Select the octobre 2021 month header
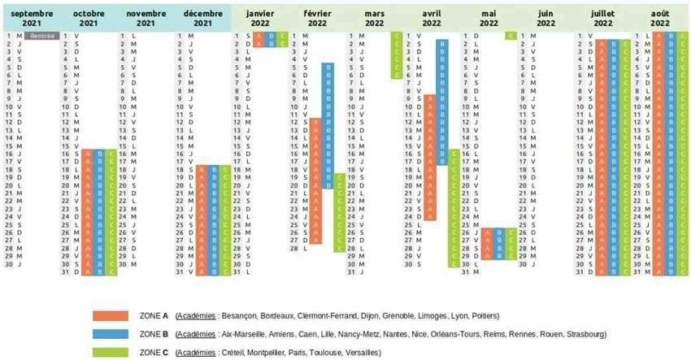[x=89, y=19]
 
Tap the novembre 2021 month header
[x=146, y=19]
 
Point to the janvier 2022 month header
[x=260, y=19]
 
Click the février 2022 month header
[x=317, y=19]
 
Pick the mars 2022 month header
[x=375, y=19]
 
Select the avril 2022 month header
[x=432, y=19]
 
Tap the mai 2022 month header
[x=489, y=19]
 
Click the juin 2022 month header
[x=545, y=19]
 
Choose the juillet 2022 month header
[x=602, y=19]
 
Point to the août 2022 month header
[x=660, y=19]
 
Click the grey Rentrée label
[x=41, y=36]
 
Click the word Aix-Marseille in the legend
[x=243, y=334]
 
